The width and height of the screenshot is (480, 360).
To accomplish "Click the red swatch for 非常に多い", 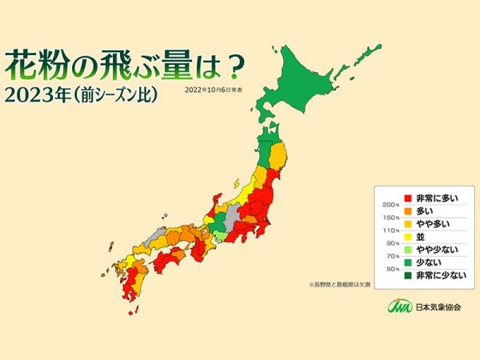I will click(x=407, y=197).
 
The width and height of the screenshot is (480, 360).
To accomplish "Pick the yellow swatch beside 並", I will click(x=407, y=236).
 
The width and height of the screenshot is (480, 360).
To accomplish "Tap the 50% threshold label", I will click(x=390, y=268).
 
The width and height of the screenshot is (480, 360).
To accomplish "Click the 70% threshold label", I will click(x=390, y=255).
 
